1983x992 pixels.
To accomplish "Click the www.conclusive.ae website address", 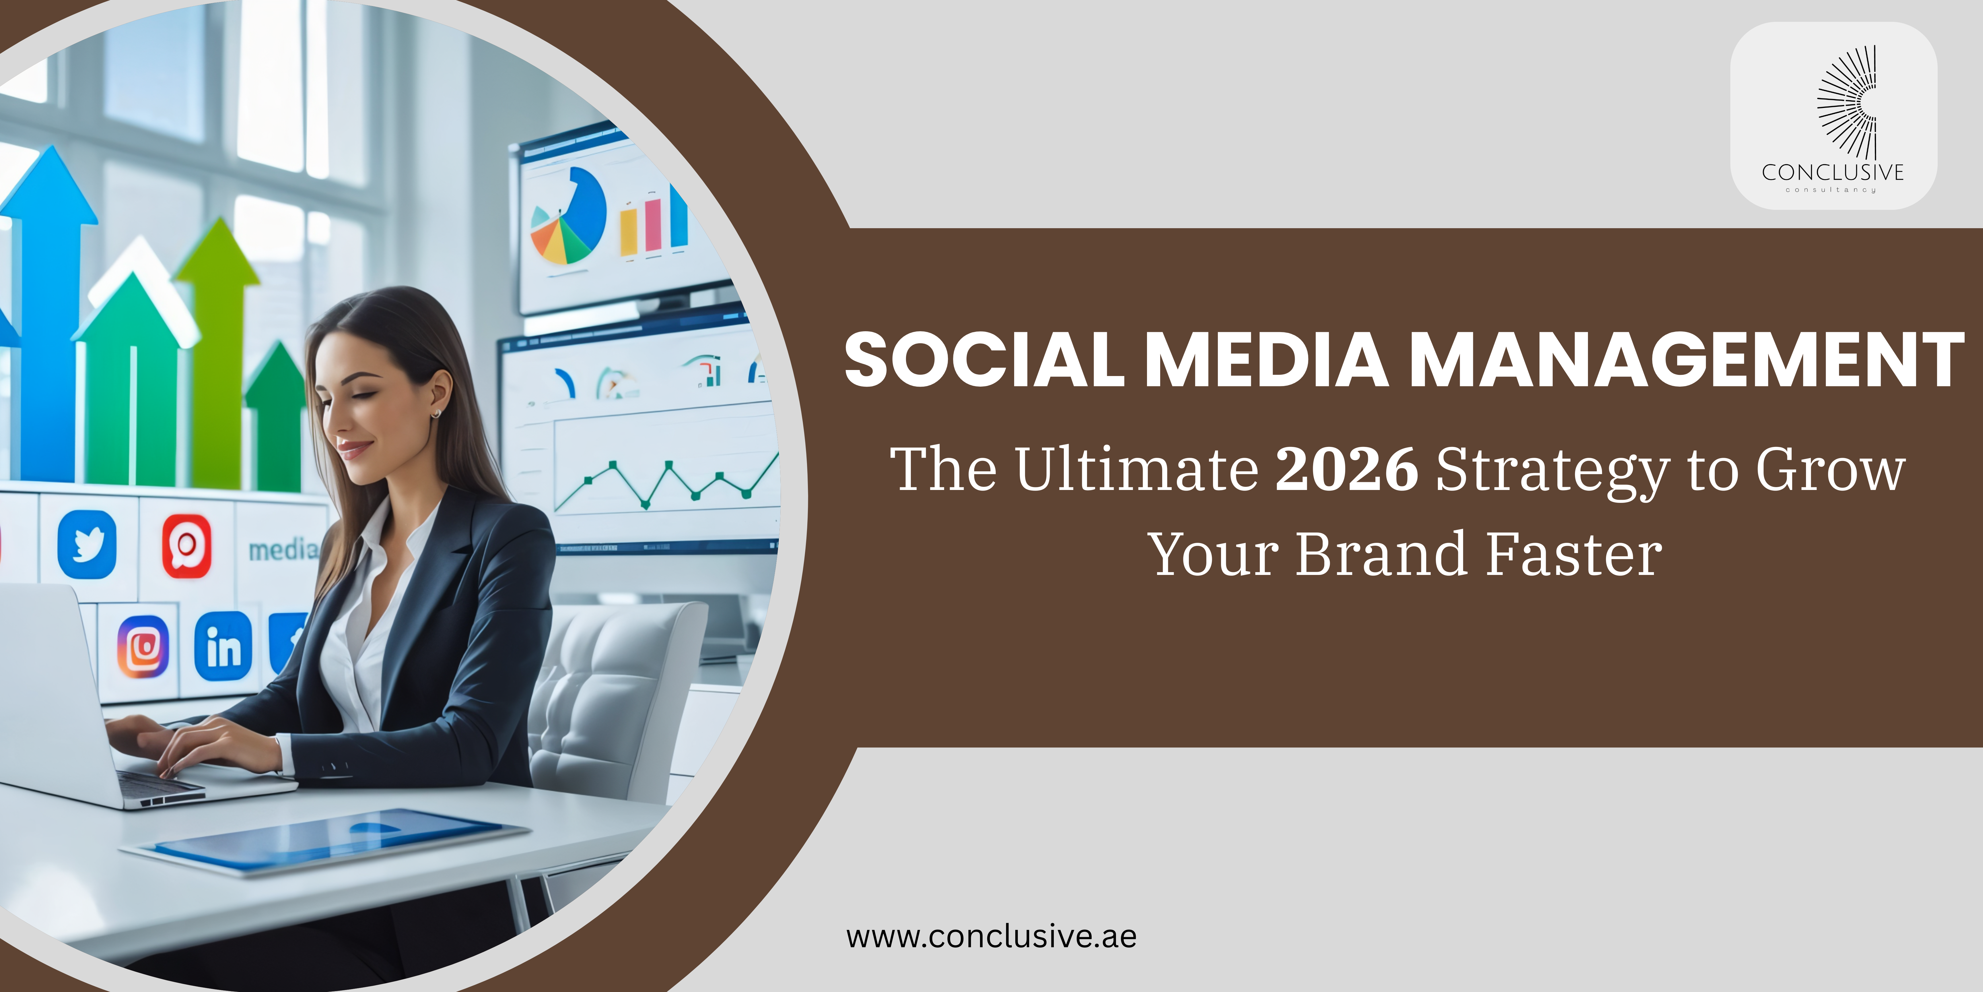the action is pyautogui.click(x=991, y=937).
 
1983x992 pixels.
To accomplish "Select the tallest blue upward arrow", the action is pyautogui.click(x=48, y=308).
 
